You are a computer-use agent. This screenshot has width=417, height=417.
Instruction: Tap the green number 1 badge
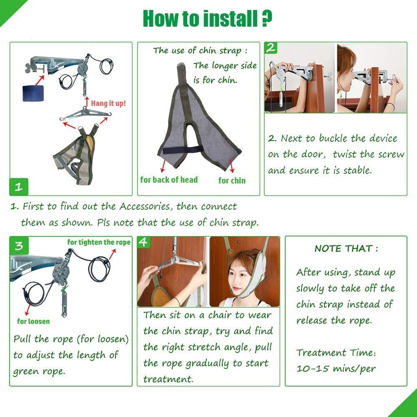click(x=19, y=187)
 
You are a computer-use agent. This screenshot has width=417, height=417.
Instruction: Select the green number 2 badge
click(x=271, y=48)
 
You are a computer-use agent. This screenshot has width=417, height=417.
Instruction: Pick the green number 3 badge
click(x=19, y=246)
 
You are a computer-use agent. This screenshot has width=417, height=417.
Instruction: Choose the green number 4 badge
click(x=143, y=242)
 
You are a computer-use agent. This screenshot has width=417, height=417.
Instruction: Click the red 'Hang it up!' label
click(x=108, y=103)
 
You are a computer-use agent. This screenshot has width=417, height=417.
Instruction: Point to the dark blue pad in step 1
click(x=33, y=93)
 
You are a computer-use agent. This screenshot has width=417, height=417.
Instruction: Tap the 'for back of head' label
click(x=169, y=180)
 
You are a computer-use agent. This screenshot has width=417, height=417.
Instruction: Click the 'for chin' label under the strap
click(x=232, y=181)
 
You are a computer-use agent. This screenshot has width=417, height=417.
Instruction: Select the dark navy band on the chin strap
click(x=182, y=150)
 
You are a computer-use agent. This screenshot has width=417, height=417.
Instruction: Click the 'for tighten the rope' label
click(x=99, y=242)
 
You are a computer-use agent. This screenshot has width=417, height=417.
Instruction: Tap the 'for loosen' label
click(x=33, y=321)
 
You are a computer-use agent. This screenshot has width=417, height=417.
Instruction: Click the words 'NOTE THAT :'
click(x=346, y=249)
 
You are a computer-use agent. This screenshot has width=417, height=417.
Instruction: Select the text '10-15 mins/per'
click(x=336, y=369)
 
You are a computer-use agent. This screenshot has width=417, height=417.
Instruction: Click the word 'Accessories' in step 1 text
click(x=145, y=206)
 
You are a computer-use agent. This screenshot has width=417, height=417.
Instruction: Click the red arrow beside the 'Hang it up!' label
click(x=87, y=102)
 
